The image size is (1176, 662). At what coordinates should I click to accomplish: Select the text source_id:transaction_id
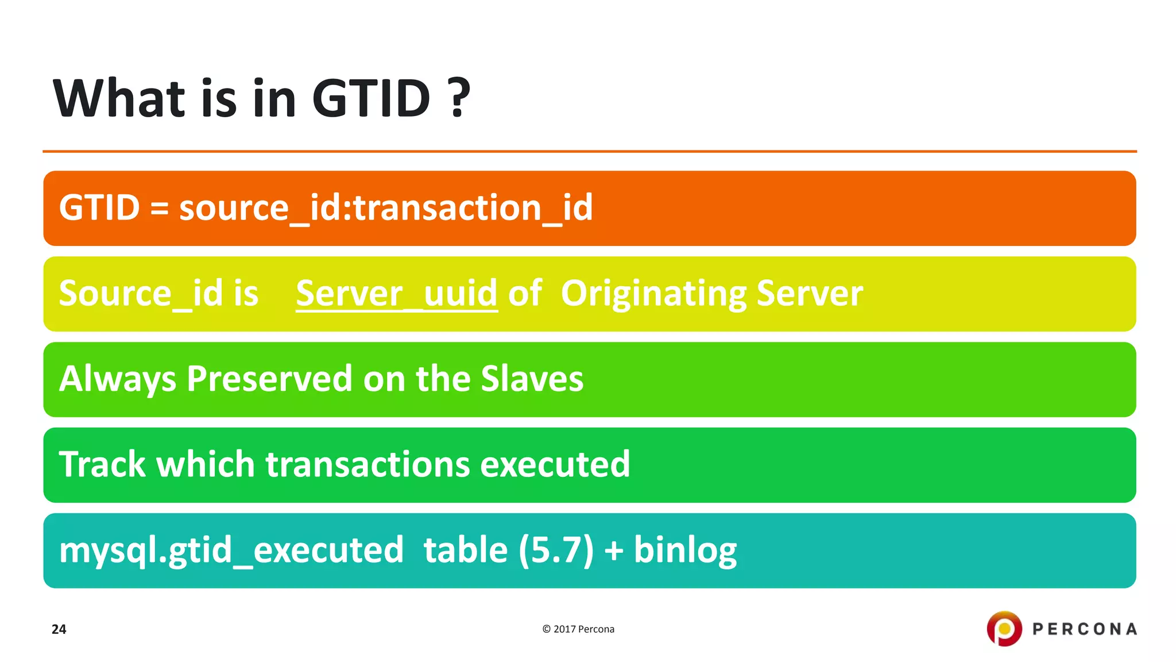coord(385,208)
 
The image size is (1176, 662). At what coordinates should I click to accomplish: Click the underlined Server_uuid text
coord(396,294)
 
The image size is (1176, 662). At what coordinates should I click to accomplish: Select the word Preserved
coord(269,379)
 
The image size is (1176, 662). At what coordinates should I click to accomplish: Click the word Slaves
coord(532,379)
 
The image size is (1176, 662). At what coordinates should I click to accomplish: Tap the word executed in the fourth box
coord(555,464)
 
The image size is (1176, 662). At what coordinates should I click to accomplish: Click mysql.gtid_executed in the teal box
coord(231,551)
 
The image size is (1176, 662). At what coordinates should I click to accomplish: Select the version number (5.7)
coord(556,551)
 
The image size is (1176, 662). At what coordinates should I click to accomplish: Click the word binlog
coord(684,551)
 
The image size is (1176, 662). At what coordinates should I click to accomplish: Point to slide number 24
coord(59,629)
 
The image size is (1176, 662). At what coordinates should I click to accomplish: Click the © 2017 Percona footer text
coord(578,629)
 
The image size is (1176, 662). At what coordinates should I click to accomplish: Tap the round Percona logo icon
coord(1004,629)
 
